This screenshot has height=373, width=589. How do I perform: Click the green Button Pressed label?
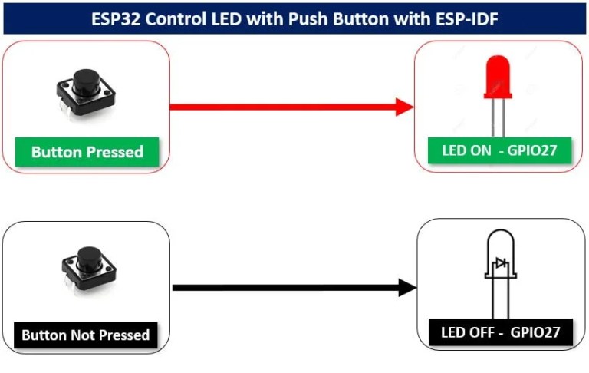87,152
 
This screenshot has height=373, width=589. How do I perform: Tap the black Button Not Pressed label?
85,335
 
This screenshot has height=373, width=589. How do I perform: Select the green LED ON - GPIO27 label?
498,150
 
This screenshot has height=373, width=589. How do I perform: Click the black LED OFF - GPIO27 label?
500,333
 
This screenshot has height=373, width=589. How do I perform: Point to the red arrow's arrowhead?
405,107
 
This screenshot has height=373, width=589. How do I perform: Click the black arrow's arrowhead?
407,288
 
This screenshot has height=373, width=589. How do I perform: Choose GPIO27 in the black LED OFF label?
535,333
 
